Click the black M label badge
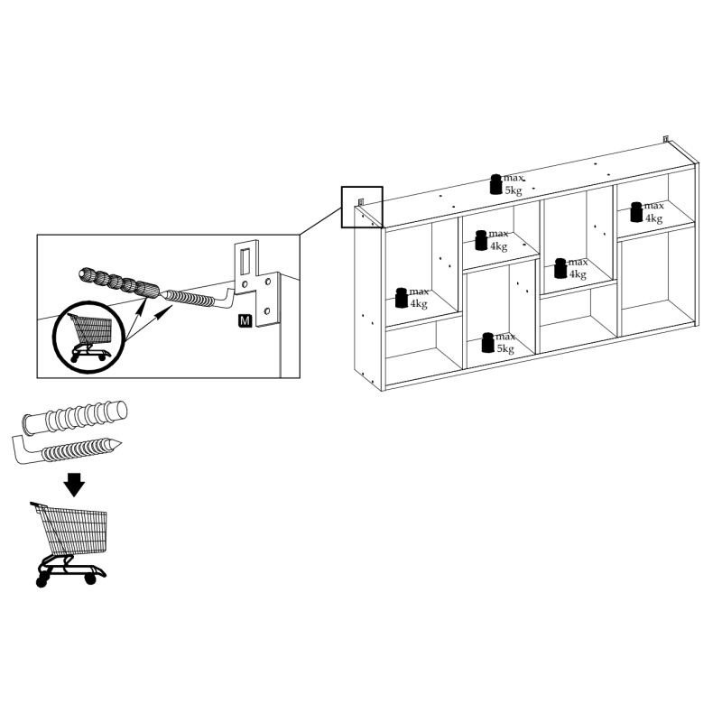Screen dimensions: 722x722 click(x=245, y=320)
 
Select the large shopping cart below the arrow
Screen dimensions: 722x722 click(x=69, y=544)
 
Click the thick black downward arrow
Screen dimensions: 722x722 click(x=74, y=485)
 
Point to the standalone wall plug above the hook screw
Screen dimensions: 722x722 click(x=75, y=417)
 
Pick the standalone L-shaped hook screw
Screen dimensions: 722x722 click(x=67, y=449)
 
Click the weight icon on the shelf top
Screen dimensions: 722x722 click(x=495, y=184)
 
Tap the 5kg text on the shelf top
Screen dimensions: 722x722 click(x=513, y=190)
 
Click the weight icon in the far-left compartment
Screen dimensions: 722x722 click(x=402, y=298)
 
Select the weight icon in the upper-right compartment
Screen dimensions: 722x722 click(x=636, y=212)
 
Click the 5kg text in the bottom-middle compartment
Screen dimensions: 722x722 click(x=505, y=348)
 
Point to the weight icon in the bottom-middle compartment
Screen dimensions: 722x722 click(x=488, y=343)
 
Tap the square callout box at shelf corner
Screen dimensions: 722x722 click(x=362, y=208)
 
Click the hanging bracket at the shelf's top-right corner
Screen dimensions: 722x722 click(x=666, y=139)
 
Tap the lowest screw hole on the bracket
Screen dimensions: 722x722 click(x=267, y=311)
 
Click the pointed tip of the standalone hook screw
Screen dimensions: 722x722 click(x=121, y=443)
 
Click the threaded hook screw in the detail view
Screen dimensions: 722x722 click(x=199, y=299)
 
